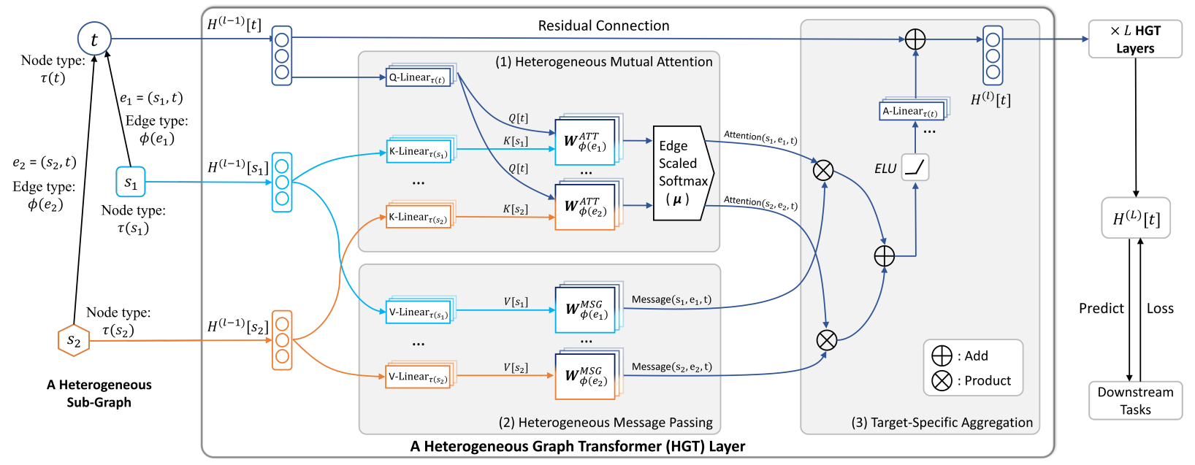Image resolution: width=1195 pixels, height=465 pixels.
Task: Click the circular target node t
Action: pyautogui.click(x=94, y=39)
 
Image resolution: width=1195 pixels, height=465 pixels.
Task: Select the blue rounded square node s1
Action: pyautogui.click(x=131, y=182)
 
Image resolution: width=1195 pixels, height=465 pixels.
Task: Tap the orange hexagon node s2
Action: pyautogui.click(x=74, y=340)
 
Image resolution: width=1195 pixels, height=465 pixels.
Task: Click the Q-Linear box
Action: pyautogui.click(x=417, y=77)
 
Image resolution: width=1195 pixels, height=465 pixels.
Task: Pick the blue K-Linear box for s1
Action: pyautogui.click(x=419, y=152)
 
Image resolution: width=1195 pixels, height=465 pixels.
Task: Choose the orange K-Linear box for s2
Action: pyautogui.click(x=419, y=218)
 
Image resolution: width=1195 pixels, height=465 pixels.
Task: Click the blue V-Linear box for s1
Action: pyautogui.click(x=419, y=312)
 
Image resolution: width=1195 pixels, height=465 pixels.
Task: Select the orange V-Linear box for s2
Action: pyautogui.click(x=419, y=377)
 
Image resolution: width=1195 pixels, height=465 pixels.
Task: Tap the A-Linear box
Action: pyautogui.click(x=912, y=112)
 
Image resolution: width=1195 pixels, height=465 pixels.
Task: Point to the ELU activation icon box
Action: pyautogui.click(x=915, y=168)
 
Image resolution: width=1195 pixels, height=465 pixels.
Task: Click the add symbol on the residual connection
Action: pyautogui.click(x=915, y=39)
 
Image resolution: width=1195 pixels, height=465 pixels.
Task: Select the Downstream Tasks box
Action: pyautogui.click(x=1135, y=401)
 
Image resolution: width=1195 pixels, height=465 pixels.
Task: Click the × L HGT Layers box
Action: pyautogui.click(x=1134, y=39)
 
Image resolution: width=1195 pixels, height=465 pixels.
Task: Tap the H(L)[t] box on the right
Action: pyautogui.click(x=1136, y=218)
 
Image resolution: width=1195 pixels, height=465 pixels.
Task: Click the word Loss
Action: pyautogui.click(x=1160, y=308)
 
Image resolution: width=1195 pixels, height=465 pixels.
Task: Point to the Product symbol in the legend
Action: pyautogui.click(x=942, y=380)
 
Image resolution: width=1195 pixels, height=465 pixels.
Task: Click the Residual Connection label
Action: pyautogui.click(x=603, y=26)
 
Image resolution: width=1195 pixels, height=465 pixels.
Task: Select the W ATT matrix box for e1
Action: pyautogui.click(x=585, y=142)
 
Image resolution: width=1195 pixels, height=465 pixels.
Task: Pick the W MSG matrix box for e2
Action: pyautogui.click(x=586, y=377)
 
